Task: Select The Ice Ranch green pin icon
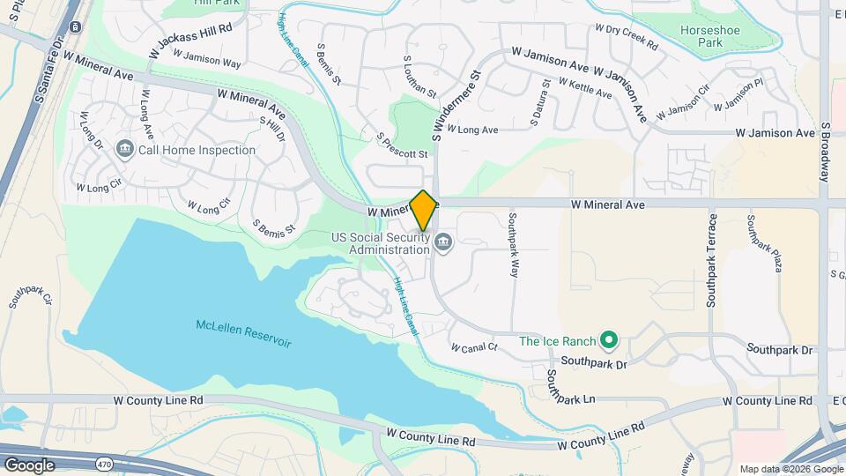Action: point(607,339)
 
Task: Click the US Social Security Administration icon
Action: point(443,241)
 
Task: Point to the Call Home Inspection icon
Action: point(124,150)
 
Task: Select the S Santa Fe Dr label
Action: point(49,67)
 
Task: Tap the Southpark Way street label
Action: point(513,244)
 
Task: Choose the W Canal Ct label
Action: point(474,347)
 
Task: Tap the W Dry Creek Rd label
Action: point(627,34)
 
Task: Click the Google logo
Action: point(29,465)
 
